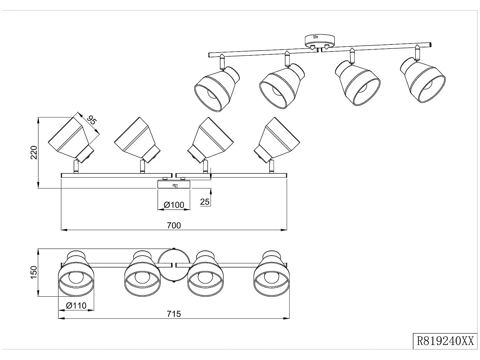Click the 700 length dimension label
(x=174, y=225)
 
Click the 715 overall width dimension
(x=174, y=314)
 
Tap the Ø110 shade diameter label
(x=76, y=306)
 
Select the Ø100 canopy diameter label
(x=174, y=205)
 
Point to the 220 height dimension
(x=34, y=152)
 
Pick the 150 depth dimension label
(x=34, y=272)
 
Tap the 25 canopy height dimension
(x=205, y=202)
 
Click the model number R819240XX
(x=445, y=341)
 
